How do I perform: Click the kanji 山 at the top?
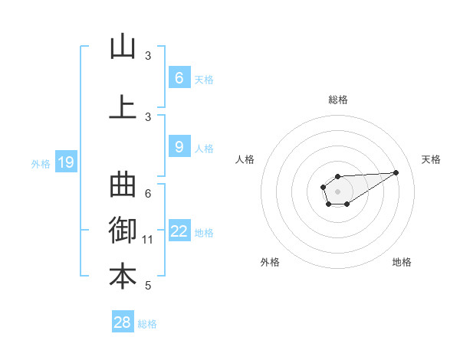point(123,47)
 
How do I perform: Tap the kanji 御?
point(123,231)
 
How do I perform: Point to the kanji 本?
point(123,277)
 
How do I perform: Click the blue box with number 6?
point(179,77)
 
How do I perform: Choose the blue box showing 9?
point(179,147)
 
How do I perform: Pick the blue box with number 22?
point(179,231)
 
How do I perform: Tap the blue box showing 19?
point(65,162)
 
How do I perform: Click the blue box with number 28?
point(123,322)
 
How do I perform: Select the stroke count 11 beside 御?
point(148,240)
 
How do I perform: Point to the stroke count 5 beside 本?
point(148,286)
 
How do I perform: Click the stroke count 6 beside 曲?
point(148,194)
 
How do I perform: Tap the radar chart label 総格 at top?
point(337,100)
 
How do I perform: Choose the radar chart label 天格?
point(431,159)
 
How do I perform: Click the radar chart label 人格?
point(245,159)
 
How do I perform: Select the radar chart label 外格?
point(270,262)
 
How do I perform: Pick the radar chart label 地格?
point(402,262)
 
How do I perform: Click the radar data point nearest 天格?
point(396,172)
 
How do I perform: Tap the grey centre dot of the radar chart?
point(337,191)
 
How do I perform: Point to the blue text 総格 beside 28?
point(147,324)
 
